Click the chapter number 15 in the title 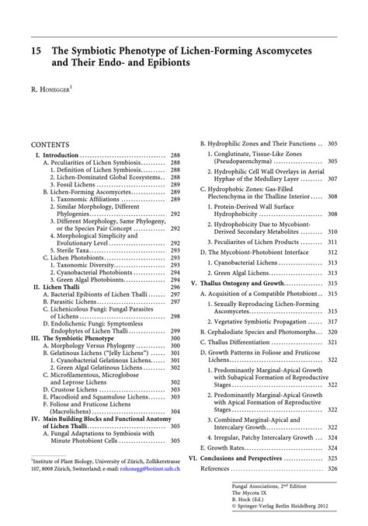coord(36,49)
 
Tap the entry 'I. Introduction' coord(57,155)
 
